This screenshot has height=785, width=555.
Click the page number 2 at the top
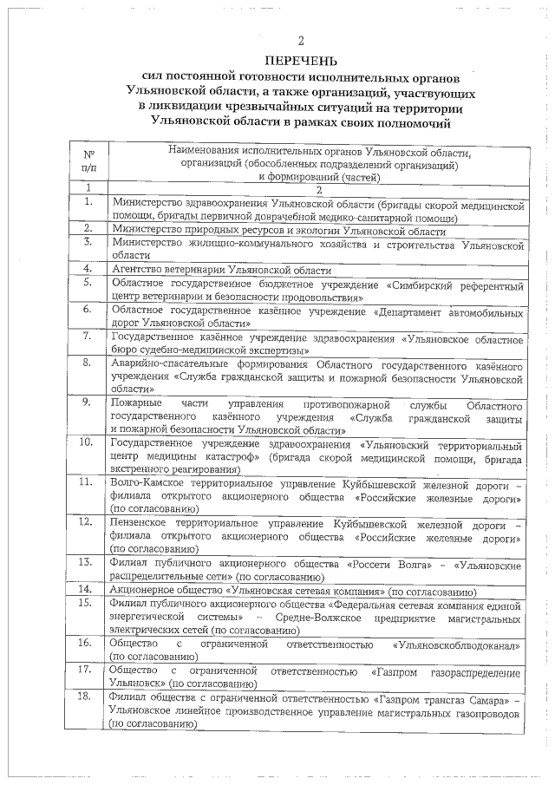300,41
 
